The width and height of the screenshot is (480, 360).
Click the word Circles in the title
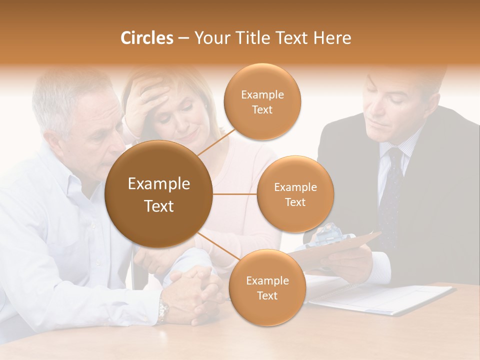146,38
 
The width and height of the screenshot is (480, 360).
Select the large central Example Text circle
158,194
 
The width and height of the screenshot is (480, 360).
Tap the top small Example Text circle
262,101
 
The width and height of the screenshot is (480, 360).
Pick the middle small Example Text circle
295,194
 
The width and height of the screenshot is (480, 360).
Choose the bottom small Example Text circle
267,288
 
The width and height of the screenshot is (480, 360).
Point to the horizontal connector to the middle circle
234,194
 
